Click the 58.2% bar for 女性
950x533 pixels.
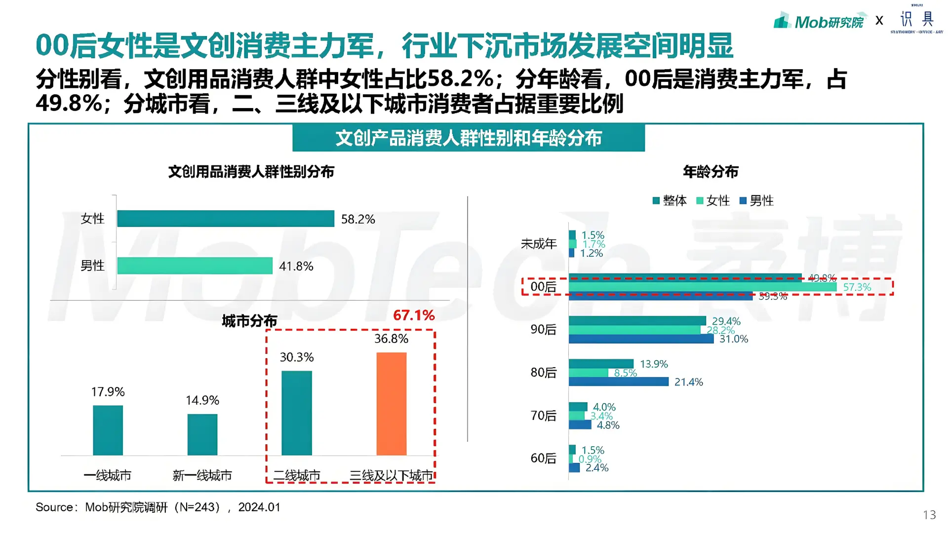[226, 219]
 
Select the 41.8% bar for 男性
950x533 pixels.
[195, 266]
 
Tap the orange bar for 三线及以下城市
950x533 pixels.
[391, 404]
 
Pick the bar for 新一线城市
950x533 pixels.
[202, 434]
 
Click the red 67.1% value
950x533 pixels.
[414, 315]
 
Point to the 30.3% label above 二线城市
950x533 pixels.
[296, 357]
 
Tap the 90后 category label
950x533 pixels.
[543, 330]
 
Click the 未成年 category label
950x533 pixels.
[538, 244]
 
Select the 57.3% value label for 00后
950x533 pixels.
[857, 287]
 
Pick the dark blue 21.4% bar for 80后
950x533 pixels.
[618, 381]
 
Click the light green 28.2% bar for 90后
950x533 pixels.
[634, 330]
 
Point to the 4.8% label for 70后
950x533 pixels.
[608, 425]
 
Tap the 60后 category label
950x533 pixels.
[543, 458]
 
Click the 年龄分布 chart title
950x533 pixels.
[710, 172]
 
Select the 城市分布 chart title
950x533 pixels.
[249, 321]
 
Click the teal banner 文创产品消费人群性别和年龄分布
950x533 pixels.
[468, 138]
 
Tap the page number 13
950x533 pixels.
[929, 515]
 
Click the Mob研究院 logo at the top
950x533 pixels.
[820, 21]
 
